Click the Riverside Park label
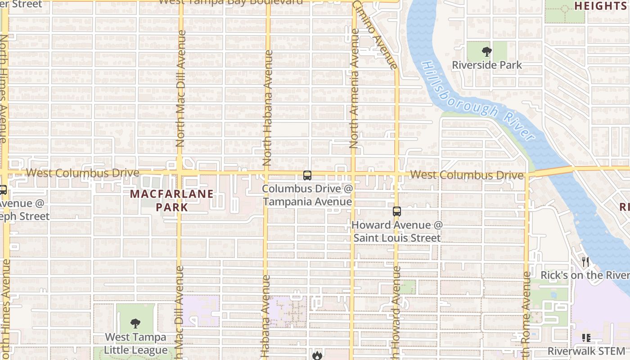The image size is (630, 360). [487, 65]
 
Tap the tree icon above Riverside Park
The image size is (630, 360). [486, 51]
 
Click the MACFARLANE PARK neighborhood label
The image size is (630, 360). [172, 201]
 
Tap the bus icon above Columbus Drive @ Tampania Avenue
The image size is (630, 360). [307, 175]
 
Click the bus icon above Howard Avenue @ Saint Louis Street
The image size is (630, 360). [396, 211]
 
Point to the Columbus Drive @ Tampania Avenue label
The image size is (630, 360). [308, 195]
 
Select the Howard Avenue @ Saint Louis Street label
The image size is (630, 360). [397, 231]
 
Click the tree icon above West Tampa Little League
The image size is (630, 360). [135, 323]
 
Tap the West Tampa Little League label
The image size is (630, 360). [135, 343]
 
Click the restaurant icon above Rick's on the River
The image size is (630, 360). [585, 261]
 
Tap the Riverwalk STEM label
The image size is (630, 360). [586, 351]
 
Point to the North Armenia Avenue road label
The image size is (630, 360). [354, 89]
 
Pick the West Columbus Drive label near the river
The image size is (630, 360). [467, 175]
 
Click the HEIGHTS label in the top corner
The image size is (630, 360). [600, 5]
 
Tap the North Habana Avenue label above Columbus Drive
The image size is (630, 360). [268, 108]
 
